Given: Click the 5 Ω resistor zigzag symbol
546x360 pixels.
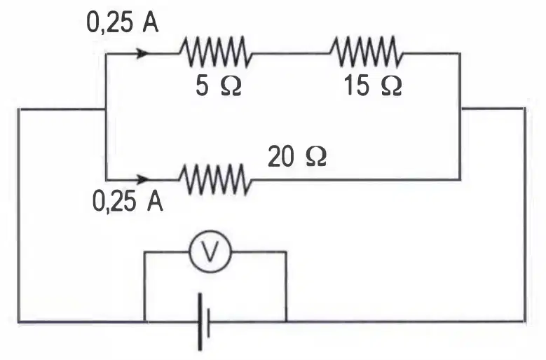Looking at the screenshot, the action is tap(215, 51).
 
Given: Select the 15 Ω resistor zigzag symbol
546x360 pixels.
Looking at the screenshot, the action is tap(366, 51).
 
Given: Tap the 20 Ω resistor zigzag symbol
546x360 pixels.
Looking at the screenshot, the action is tap(215, 179).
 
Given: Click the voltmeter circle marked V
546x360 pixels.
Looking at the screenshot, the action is tap(210, 251).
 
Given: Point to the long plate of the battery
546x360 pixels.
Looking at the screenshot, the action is tap(200, 321).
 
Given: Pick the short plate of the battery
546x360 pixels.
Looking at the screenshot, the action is tap(208, 321).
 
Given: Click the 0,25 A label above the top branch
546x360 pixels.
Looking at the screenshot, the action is tap(122, 24).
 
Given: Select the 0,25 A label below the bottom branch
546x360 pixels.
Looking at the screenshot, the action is tap(128, 202).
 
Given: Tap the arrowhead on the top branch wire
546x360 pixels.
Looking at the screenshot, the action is tap(143, 53).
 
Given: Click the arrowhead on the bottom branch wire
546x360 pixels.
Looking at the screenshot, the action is tap(143, 179).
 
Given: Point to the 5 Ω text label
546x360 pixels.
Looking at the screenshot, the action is tap(219, 86).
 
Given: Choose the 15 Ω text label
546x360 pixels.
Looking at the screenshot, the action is tap(373, 86).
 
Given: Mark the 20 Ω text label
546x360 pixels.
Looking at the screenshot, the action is tap(297, 156).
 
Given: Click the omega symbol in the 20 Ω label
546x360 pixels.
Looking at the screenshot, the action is tap(316, 157).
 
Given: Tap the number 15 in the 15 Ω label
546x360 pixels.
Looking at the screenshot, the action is tap(357, 86).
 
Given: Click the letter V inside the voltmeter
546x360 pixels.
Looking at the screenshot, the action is tap(210, 251).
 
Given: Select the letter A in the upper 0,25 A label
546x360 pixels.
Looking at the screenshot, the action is tap(151, 24).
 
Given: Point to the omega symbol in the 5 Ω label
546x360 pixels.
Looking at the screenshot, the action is tap(231, 86).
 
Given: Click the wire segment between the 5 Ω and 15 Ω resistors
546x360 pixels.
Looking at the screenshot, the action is tap(290, 53).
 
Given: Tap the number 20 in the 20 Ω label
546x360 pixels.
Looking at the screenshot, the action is tap(281, 156).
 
